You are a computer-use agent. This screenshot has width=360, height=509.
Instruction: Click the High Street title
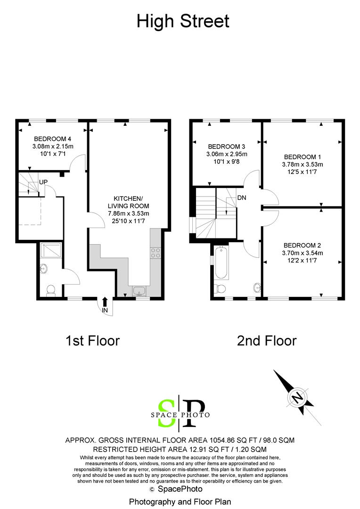(x=183, y=21)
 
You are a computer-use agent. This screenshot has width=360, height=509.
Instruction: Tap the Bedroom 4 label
(x=53, y=139)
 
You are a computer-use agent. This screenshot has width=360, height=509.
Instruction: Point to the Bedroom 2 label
(x=302, y=246)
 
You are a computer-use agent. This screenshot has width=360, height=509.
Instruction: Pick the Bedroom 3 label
(x=227, y=146)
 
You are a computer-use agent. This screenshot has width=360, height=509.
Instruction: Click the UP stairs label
(x=43, y=182)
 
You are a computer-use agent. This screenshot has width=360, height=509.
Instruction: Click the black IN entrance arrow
(x=105, y=302)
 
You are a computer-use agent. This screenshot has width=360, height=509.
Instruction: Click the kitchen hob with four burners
(x=155, y=253)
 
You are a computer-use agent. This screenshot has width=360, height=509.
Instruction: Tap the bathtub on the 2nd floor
(x=221, y=264)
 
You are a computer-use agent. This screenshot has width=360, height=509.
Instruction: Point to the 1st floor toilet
(x=50, y=290)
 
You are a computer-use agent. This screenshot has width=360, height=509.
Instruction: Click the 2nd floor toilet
(x=220, y=288)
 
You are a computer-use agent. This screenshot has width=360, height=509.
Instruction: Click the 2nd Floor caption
(x=267, y=340)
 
